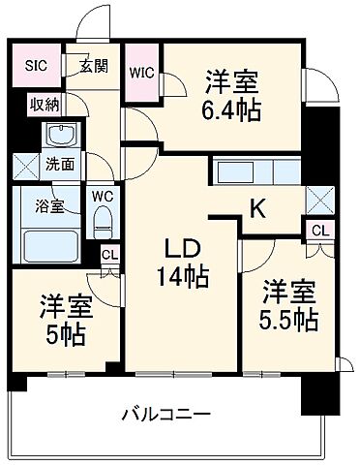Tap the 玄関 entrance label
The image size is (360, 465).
93,66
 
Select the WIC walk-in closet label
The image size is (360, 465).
142,72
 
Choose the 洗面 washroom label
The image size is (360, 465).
59,165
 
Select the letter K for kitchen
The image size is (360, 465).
258,206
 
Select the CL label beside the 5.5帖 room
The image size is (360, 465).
318,230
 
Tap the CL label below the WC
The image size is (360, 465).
109,255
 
